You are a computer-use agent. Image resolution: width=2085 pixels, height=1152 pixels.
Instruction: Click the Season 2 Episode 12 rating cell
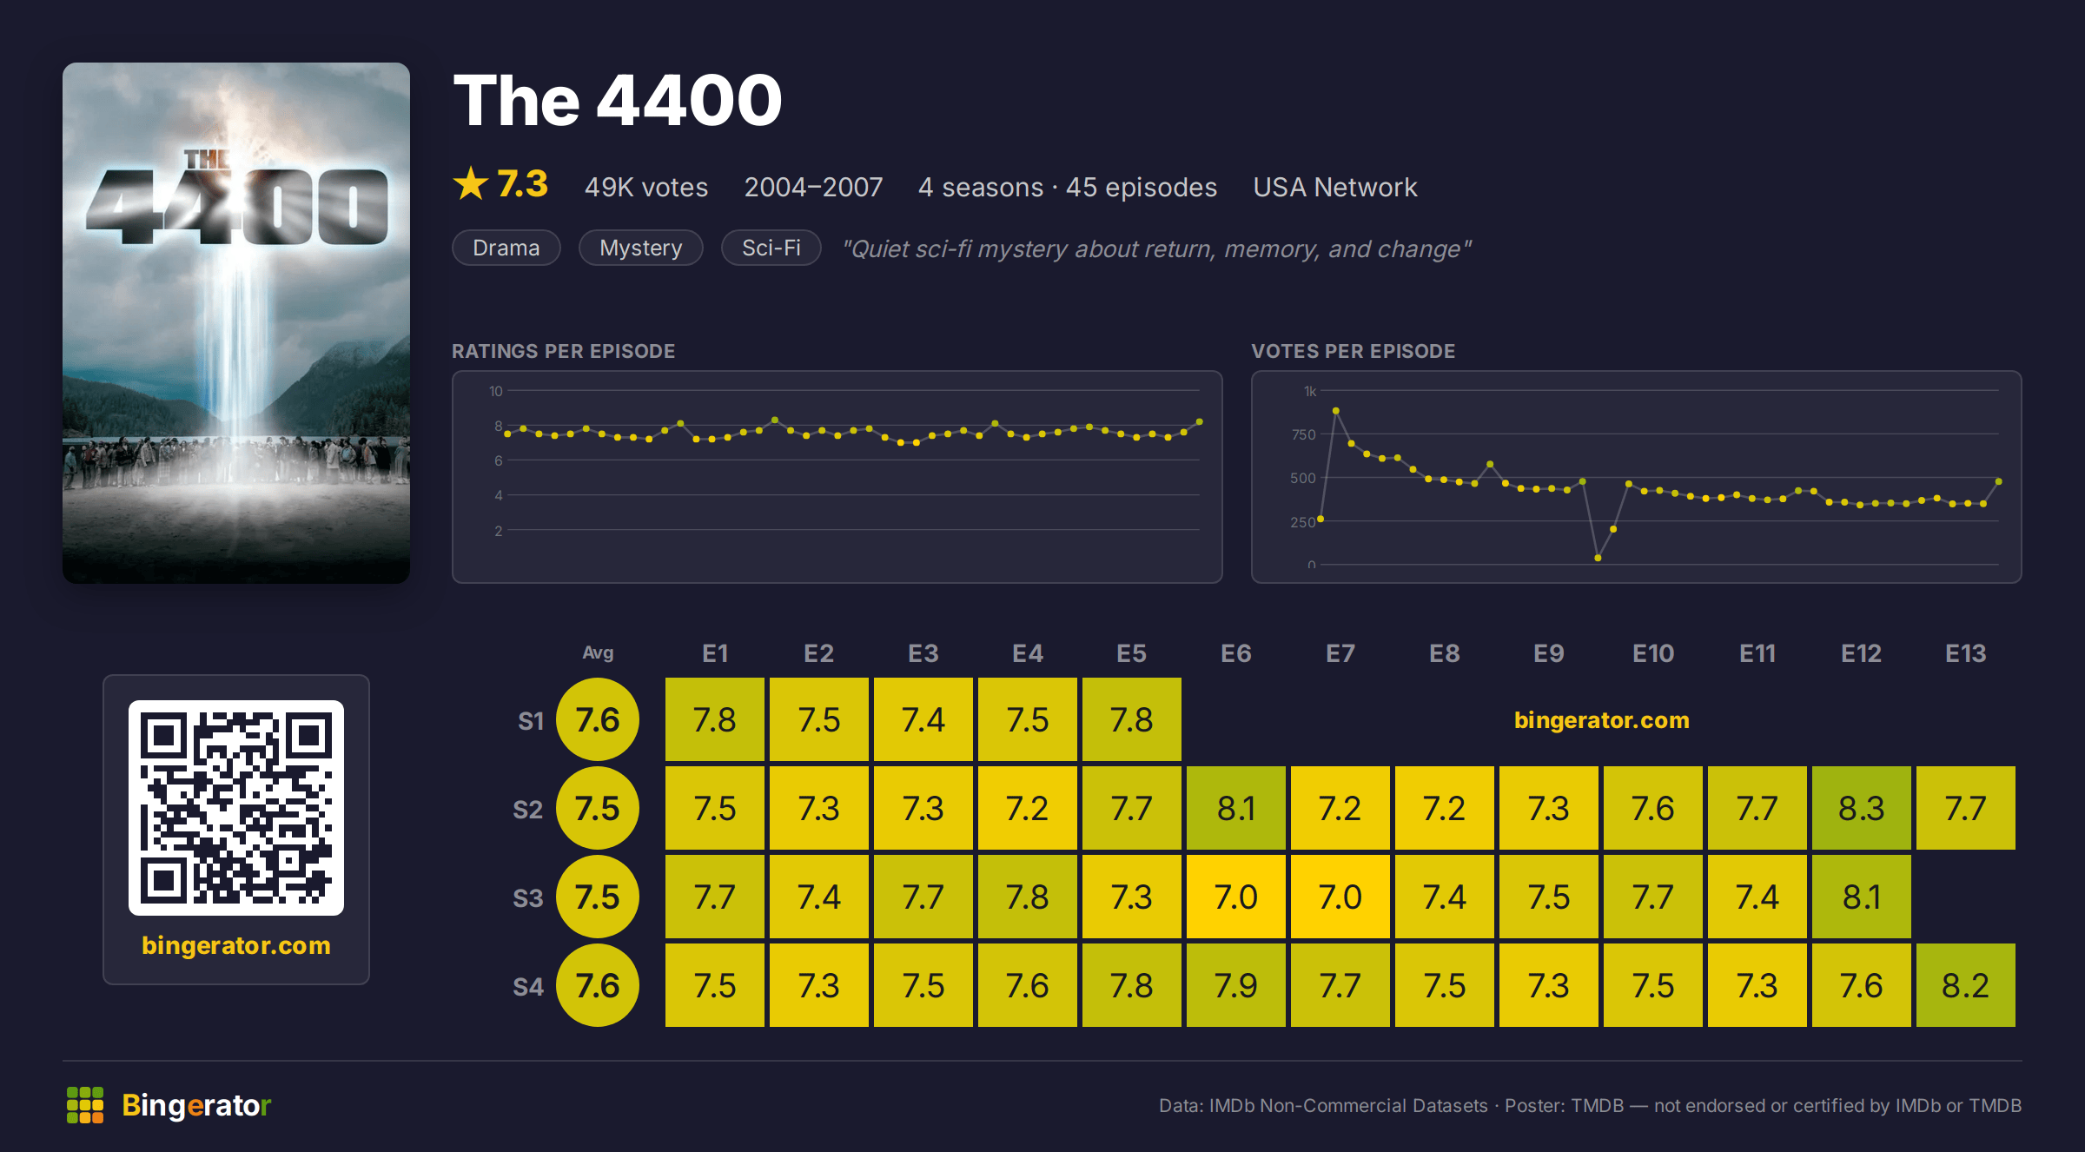click(1861, 808)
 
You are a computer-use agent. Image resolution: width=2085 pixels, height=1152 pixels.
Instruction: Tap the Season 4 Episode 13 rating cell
click(1965, 985)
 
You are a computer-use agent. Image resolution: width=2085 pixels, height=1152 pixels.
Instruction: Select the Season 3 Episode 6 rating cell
click(1235, 897)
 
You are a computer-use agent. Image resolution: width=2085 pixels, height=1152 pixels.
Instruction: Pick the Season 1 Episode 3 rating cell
click(923, 719)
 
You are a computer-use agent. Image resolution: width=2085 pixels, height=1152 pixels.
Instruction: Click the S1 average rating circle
click(598, 719)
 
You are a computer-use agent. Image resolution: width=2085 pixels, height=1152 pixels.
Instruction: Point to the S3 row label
click(527, 897)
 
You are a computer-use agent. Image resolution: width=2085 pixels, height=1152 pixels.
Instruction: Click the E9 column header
click(1548, 653)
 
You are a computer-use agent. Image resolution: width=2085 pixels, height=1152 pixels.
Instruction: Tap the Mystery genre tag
click(641, 248)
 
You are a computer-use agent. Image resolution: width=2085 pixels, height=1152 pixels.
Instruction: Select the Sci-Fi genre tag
click(771, 248)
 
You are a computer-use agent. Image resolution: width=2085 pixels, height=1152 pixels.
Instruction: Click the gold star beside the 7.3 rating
click(471, 183)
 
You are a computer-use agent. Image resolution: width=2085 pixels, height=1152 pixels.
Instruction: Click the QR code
click(236, 808)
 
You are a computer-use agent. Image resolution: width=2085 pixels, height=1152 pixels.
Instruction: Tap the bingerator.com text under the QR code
click(236, 945)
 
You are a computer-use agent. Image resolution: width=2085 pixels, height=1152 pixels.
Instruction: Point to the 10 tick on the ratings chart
click(495, 391)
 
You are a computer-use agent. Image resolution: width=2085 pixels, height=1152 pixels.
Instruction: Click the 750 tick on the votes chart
click(1303, 434)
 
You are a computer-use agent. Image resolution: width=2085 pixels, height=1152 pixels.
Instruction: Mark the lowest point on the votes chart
click(1598, 558)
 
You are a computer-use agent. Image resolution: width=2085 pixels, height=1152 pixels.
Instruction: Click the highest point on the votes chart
click(1336, 411)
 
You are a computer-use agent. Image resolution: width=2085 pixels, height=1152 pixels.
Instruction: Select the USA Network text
click(1334, 187)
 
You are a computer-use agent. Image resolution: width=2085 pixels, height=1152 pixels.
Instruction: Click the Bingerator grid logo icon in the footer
click(85, 1105)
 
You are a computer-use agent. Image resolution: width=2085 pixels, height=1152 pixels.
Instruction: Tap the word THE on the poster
click(207, 159)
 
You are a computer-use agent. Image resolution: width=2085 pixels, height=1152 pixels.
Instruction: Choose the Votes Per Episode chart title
click(1353, 351)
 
